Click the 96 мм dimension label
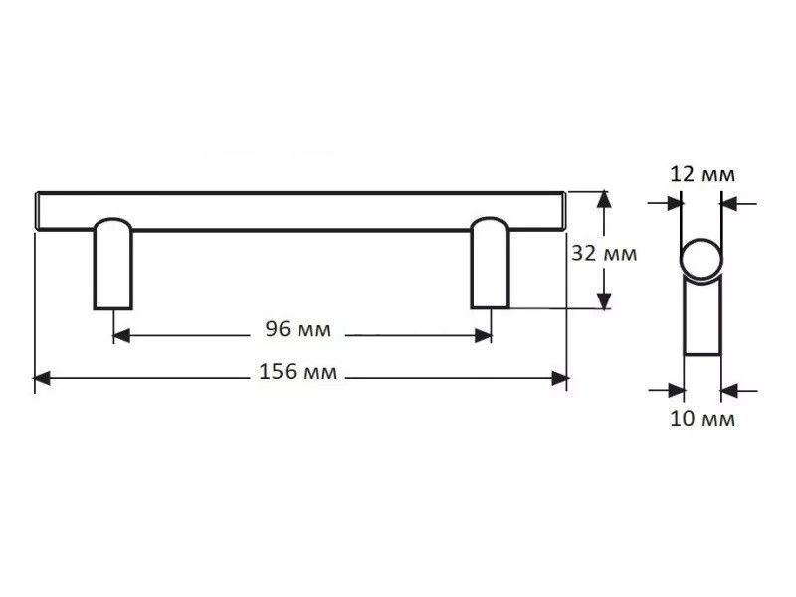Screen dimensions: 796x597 click(298, 330)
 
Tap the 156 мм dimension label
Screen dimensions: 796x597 click(298, 372)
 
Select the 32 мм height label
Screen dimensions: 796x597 click(604, 253)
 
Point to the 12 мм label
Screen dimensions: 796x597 click(702, 174)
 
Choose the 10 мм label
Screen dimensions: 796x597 click(702, 419)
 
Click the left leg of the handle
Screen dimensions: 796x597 click(112, 264)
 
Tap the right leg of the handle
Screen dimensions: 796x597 click(490, 263)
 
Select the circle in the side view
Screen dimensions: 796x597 click(701, 259)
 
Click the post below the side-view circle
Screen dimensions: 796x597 click(702, 317)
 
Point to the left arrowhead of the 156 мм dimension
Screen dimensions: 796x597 click(42, 378)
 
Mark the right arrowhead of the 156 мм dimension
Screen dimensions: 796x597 click(559, 378)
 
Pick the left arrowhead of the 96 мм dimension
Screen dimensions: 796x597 click(121, 335)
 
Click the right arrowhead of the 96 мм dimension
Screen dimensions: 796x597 click(483, 335)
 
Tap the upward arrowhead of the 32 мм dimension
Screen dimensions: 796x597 click(604, 199)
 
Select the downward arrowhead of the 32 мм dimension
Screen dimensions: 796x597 click(604, 300)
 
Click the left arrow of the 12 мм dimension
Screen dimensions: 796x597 click(665, 204)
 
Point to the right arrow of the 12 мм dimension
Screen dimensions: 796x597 click(738, 204)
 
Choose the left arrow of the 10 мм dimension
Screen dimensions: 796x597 click(667, 391)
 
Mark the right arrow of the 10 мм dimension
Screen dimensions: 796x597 click(739, 391)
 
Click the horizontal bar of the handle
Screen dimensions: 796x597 click(301, 212)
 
